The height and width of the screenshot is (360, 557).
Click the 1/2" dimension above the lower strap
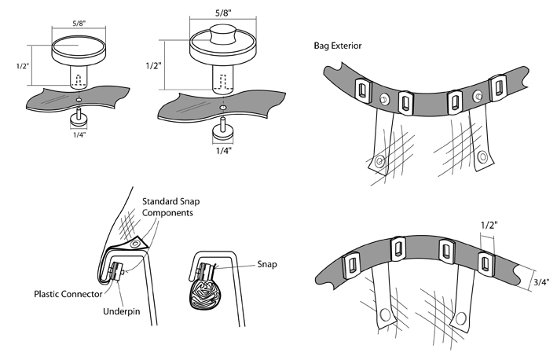point(487,226)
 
